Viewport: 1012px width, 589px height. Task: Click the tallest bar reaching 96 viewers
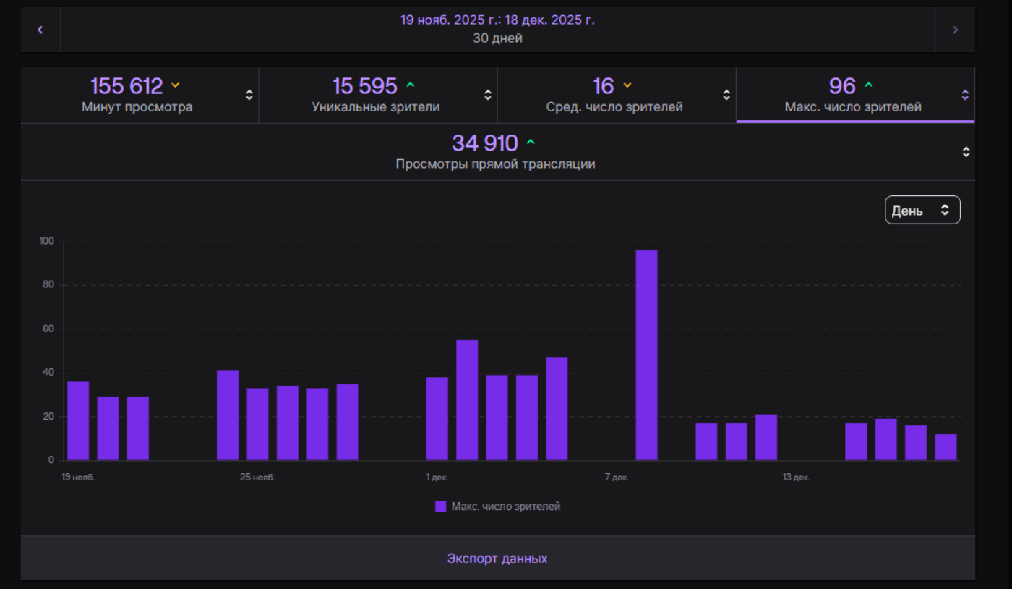[x=646, y=355]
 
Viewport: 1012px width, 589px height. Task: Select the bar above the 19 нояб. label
[x=78, y=420]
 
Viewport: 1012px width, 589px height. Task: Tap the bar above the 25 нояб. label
[x=257, y=424]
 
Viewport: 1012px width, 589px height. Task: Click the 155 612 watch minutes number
[x=126, y=86]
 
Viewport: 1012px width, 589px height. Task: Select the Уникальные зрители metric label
[x=376, y=107]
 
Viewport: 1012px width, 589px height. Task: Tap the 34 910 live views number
[x=485, y=143]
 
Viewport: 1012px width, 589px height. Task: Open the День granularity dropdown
[x=922, y=210]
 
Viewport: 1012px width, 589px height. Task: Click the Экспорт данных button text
[x=497, y=559]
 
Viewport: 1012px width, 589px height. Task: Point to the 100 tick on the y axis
[x=47, y=241]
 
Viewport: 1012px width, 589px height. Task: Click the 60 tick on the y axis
[x=48, y=329]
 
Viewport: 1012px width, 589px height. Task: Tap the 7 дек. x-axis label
[x=617, y=478]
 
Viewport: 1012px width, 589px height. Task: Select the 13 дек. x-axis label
[x=796, y=478]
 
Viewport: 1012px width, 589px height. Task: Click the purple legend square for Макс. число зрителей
[x=441, y=507]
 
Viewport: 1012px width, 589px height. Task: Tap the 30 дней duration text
[x=497, y=38]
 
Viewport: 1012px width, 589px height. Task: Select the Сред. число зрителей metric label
[x=614, y=107]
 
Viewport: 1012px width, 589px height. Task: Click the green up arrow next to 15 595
[x=411, y=85]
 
